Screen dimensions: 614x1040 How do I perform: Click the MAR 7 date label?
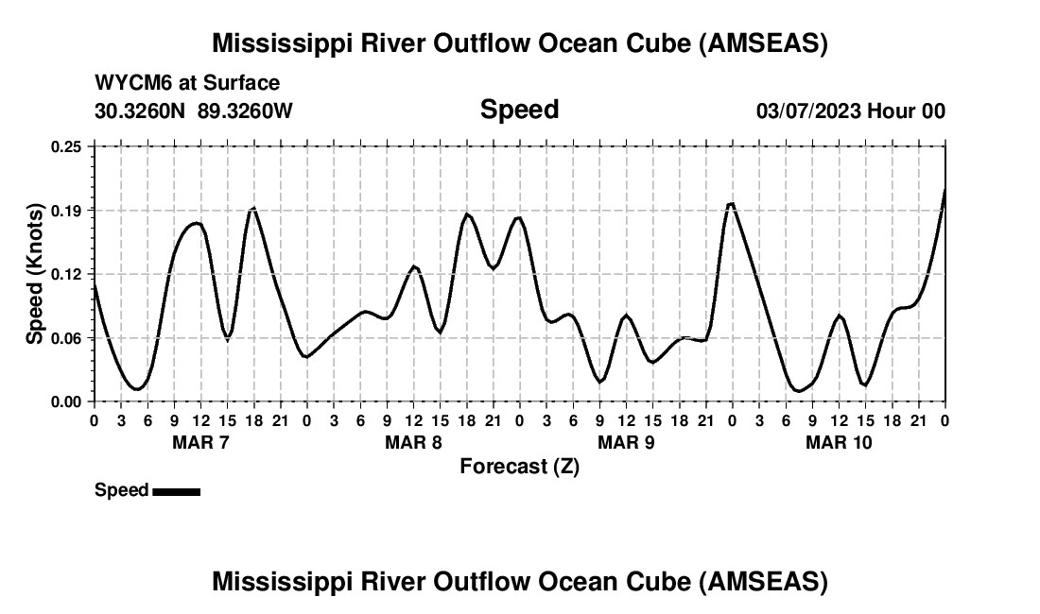[x=199, y=442]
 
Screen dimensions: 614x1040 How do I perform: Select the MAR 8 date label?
[x=413, y=442]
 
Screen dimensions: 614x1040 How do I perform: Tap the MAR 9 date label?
[x=626, y=442]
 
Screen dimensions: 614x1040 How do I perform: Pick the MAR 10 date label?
[x=839, y=442]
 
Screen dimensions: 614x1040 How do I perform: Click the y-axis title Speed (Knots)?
[x=35, y=273]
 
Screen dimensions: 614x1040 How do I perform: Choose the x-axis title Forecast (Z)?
[x=519, y=466]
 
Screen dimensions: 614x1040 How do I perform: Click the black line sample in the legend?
[x=176, y=491]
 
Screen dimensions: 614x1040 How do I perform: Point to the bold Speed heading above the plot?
[x=519, y=110]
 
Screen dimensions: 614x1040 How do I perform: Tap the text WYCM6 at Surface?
[x=187, y=83]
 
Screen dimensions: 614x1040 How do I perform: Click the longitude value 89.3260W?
[x=246, y=111]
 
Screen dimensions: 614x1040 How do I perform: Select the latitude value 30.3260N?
[x=142, y=111]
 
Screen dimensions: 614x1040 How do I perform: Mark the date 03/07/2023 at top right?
[x=808, y=111]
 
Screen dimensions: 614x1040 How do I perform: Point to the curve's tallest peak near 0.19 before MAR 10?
[x=731, y=204]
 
